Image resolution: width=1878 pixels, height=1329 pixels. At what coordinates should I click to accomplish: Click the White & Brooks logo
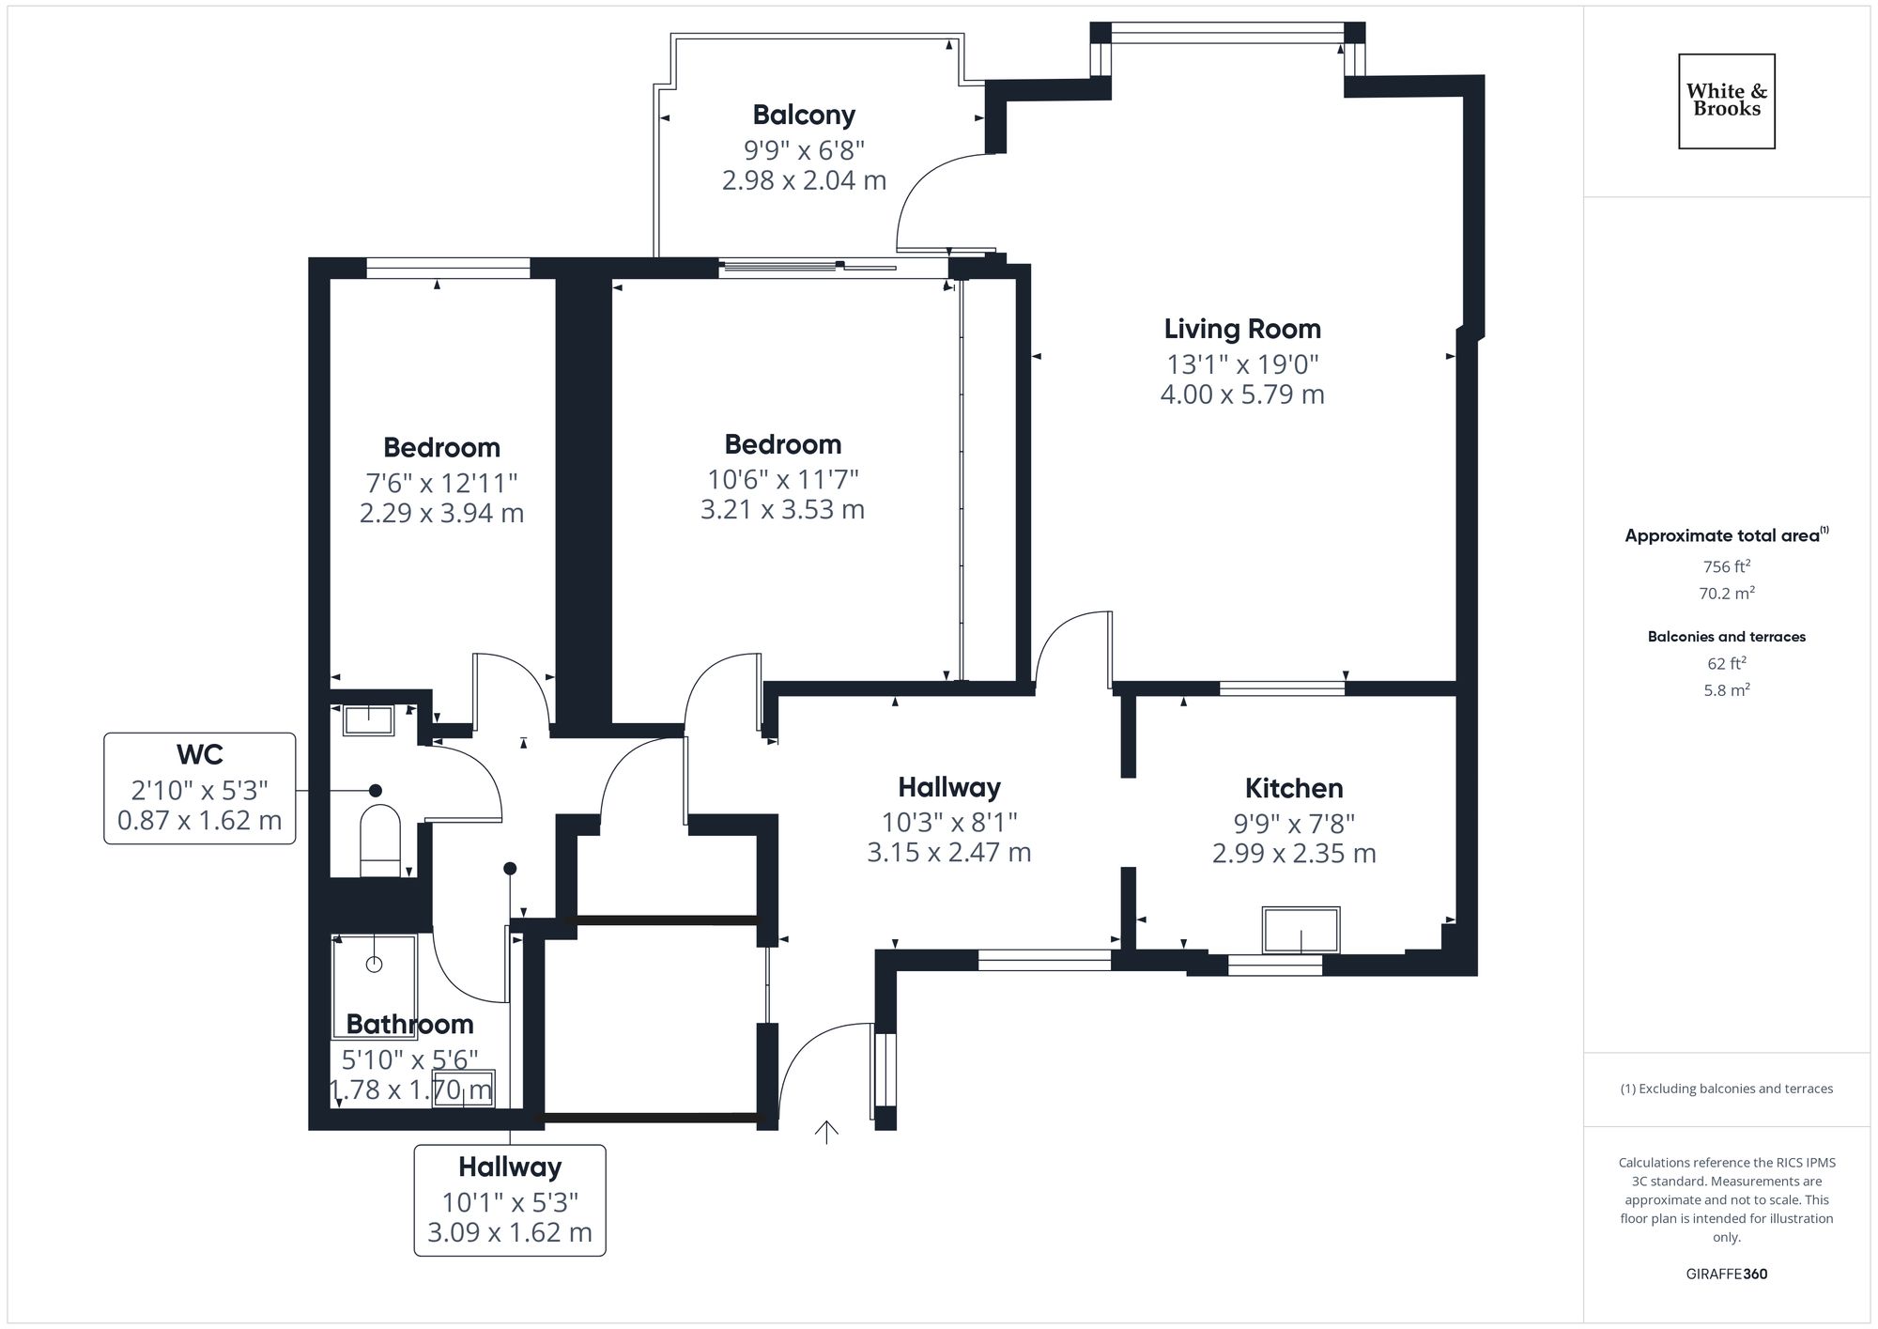[x=1726, y=100]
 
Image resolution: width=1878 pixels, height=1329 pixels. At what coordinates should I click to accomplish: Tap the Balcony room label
[x=804, y=115]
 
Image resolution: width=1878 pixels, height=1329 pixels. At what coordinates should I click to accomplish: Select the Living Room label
[x=1241, y=329]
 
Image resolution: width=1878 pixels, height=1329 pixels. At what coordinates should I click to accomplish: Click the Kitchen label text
[x=1293, y=788]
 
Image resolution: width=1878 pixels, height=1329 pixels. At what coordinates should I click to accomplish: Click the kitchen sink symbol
[x=1301, y=930]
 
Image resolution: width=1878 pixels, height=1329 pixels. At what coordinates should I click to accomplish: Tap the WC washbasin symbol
[x=368, y=720]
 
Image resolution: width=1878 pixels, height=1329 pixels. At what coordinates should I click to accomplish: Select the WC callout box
[x=199, y=788]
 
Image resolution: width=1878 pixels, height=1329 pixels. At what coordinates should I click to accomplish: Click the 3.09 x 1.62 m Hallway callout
[x=510, y=1199]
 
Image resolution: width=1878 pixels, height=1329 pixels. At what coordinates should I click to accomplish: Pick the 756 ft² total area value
[x=1726, y=566]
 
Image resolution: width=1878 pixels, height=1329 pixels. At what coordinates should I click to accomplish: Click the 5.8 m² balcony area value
[x=1726, y=690]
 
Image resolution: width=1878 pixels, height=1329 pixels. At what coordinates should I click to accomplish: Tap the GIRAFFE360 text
[x=1726, y=1274]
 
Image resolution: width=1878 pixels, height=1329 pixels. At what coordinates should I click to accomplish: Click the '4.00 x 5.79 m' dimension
[x=1241, y=394]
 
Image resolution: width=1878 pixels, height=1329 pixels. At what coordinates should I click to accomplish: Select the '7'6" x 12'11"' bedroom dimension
[x=441, y=483]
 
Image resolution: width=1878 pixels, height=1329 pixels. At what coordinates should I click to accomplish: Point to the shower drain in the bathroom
[x=374, y=965]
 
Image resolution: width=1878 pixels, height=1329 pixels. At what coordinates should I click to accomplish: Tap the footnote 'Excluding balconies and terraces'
[x=1726, y=1089]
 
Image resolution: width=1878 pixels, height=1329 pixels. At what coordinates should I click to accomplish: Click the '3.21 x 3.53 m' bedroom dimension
[x=782, y=510]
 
